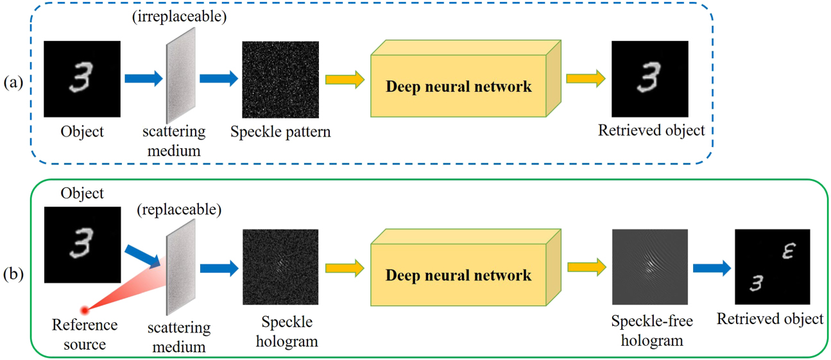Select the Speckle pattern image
point(280,80)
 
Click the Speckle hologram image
point(280,266)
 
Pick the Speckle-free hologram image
point(649,266)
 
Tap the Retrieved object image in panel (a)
point(649,80)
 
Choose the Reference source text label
point(85,334)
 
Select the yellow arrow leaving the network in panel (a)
point(585,80)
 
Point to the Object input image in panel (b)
point(82,245)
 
